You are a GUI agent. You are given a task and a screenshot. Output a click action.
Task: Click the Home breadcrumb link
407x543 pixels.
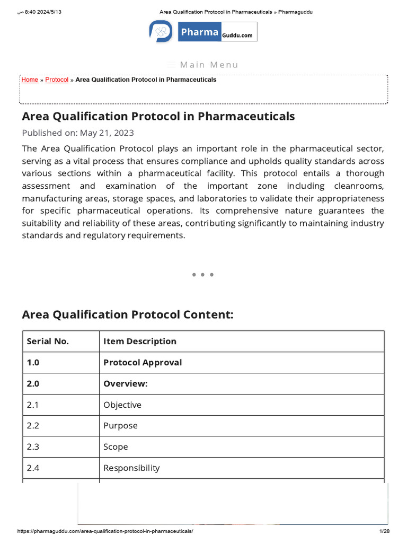coord(30,80)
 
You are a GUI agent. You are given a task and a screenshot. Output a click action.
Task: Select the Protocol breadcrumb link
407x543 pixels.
coord(57,80)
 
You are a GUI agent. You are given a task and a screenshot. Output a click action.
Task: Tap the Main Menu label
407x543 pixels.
coord(209,65)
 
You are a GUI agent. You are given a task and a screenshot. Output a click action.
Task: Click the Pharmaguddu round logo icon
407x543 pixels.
coord(161,32)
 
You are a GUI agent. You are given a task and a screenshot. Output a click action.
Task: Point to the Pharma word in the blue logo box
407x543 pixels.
coord(199,32)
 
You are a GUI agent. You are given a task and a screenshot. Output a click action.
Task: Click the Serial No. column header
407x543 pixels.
coord(48,341)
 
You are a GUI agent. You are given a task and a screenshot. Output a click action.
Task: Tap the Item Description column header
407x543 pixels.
coord(140,341)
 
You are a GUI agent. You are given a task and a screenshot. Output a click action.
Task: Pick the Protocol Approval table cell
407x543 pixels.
coord(143,363)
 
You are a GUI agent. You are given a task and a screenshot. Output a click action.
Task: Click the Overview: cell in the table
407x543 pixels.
coord(125,384)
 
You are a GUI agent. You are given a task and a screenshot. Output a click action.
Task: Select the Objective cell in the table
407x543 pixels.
coord(122,405)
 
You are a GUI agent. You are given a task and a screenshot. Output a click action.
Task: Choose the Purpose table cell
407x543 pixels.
coord(120,426)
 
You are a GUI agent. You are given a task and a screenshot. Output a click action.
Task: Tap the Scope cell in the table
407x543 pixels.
coord(116,447)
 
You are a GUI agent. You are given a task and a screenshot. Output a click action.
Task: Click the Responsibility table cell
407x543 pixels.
coord(131,468)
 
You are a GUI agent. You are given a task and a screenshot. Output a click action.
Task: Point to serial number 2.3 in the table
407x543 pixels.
coord(33,447)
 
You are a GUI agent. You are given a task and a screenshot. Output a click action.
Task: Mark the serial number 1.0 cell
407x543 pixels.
coord(33,363)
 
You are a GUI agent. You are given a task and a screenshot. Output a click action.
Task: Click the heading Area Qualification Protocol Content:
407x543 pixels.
coord(127,315)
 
